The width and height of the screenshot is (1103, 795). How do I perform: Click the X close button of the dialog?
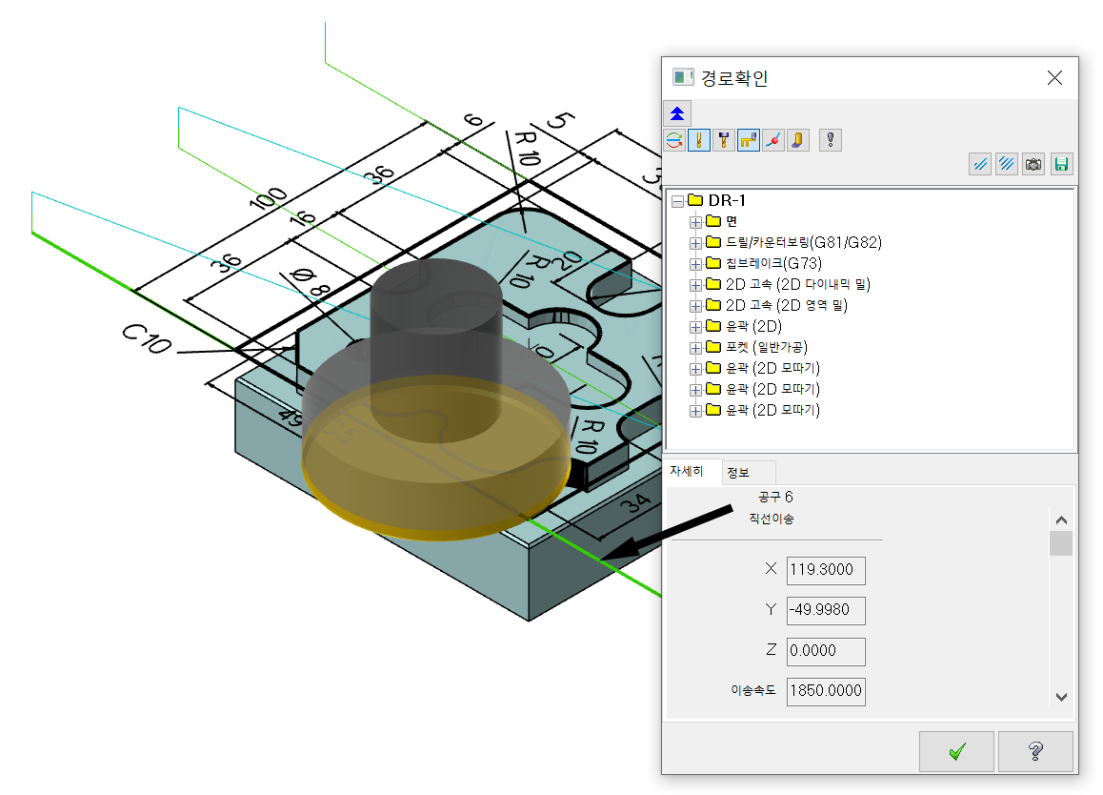(1054, 77)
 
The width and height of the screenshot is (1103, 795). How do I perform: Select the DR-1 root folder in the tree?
(726, 201)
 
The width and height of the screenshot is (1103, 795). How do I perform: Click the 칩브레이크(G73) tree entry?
(773, 263)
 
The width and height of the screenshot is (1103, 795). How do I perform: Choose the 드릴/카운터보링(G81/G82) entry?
(803, 242)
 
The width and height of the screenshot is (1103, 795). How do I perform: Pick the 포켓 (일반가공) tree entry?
(767, 347)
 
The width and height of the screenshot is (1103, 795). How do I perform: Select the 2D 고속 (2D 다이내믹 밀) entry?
(797, 284)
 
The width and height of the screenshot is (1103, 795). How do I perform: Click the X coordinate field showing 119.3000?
(826, 570)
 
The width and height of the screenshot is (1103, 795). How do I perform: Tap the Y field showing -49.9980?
(826, 610)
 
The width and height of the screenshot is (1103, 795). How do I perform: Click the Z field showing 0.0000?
(826, 651)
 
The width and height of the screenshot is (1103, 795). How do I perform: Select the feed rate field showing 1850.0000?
(826, 691)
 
